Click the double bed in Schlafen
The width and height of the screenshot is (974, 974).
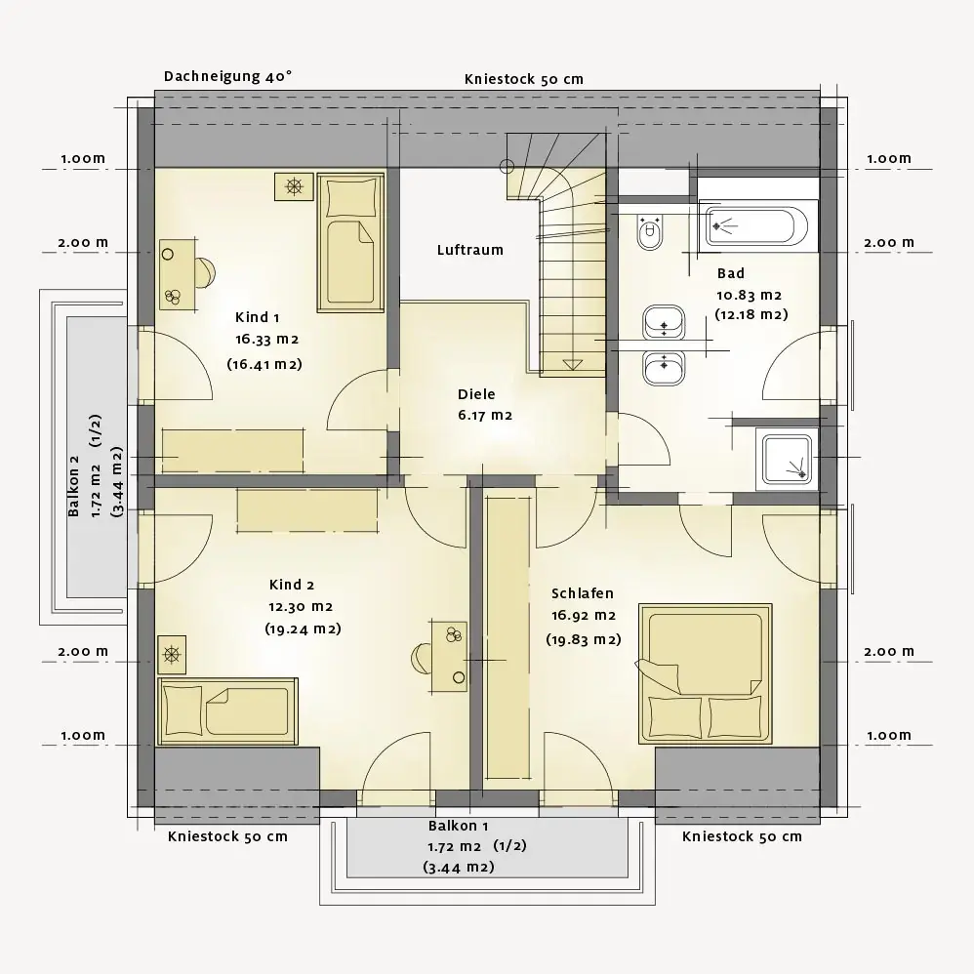pos(706,673)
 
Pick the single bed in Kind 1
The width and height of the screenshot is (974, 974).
pos(350,242)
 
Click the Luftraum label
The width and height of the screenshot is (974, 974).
pos(470,251)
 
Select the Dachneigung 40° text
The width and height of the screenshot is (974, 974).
pos(228,76)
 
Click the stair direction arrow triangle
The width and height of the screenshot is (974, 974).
pos(572,365)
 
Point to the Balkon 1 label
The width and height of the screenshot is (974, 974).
pos(459,827)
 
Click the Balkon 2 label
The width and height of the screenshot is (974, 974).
pos(74,486)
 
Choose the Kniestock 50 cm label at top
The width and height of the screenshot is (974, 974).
pos(524,79)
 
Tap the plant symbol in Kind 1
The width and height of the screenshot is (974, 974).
pos(294,186)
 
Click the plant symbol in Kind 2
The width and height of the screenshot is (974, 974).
pos(172,655)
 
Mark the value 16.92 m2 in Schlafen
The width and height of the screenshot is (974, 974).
pos(584,616)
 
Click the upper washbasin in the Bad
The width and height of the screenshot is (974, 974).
pos(664,322)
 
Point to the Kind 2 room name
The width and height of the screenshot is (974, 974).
pos(292,586)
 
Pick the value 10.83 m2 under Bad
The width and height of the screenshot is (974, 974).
pos(750,296)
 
